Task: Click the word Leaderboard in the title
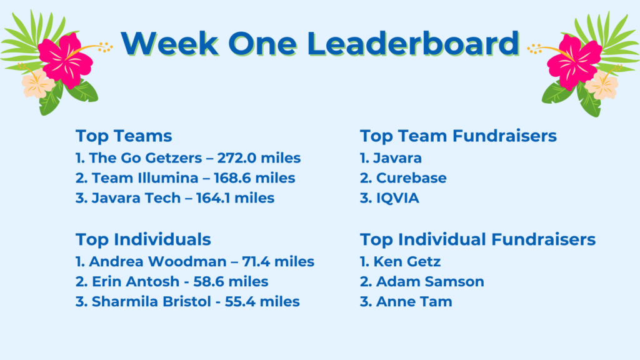(x=412, y=43)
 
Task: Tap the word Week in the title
(x=169, y=43)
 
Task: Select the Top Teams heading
(x=124, y=136)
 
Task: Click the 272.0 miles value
(x=259, y=158)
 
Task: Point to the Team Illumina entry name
(x=145, y=178)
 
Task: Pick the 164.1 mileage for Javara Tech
(x=235, y=198)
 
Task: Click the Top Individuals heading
(x=143, y=239)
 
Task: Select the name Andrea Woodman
(x=157, y=262)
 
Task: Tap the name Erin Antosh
(x=136, y=282)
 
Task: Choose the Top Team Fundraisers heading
(x=458, y=136)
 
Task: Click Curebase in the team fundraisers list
(x=411, y=178)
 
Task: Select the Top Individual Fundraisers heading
(x=477, y=239)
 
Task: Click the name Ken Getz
(x=407, y=262)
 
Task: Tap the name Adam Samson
(x=430, y=282)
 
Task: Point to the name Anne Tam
(x=414, y=302)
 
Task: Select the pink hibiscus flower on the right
(x=574, y=62)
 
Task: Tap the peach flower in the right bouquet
(x=602, y=85)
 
